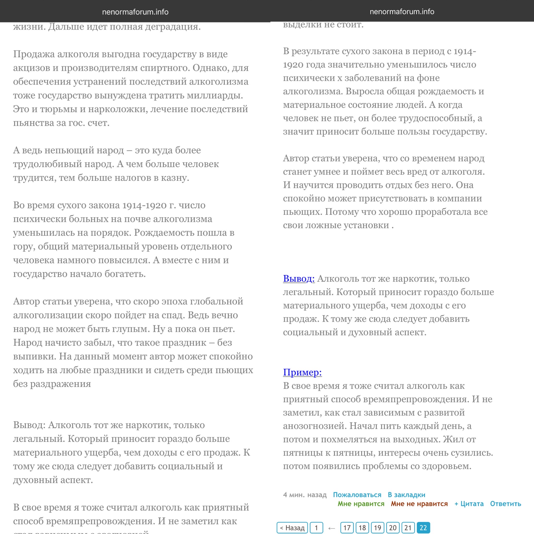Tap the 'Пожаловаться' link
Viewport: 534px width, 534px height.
pyautogui.click(x=357, y=495)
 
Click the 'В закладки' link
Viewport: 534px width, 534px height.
pyautogui.click(x=406, y=495)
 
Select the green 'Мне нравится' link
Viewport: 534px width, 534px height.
pyautogui.click(x=361, y=503)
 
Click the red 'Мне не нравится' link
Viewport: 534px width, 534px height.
pyautogui.click(x=419, y=503)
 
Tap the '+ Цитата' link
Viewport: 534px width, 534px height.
pyautogui.click(x=469, y=503)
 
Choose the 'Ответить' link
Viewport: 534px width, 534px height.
pyautogui.click(x=505, y=503)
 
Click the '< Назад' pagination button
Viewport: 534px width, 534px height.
pyautogui.click(x=292, y=528)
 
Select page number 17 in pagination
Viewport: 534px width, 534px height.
pyautogui.click(x=347, y=528)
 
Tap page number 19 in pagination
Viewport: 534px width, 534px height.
pyautogui.click(x=377, y=528)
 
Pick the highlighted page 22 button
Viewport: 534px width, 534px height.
pyautogui.click(x=423, y=528)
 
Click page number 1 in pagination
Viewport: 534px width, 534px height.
pyautogui.click(x=316, y=528)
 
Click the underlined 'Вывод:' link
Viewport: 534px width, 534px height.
pyautogui.click(x=299, y=279)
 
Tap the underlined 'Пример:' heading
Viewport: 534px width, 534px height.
pyautogui.click(x=302, y=372)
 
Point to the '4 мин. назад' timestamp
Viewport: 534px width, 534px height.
pyautogui.click(x=305, y=495)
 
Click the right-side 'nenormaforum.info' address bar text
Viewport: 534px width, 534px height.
pyautogui.click(x=402, y=12)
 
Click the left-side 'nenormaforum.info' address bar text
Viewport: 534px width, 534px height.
pyautogui.click(x=135, y=12)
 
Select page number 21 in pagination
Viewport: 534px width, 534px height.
pyautogui.click(x=408, y=528)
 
